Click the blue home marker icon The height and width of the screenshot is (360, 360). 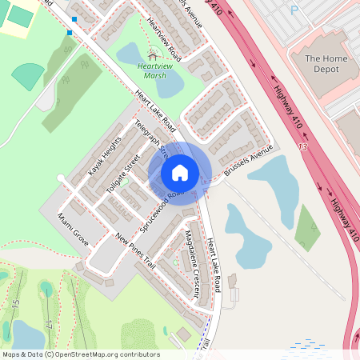180,173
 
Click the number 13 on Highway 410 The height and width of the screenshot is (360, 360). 324,148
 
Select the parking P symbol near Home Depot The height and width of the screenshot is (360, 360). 294,10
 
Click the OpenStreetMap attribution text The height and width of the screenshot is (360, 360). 80,354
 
